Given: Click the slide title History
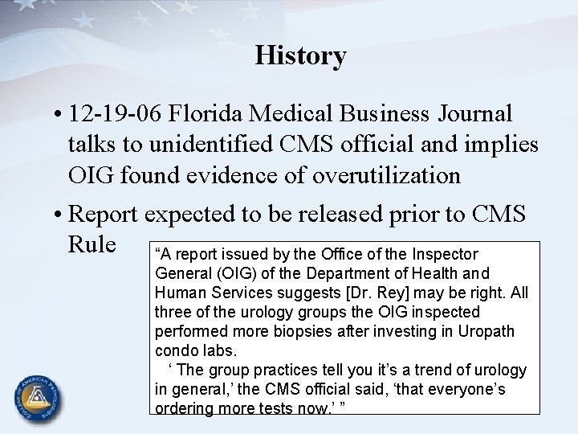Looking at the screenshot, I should (x=301, y=55).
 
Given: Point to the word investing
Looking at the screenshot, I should (x=406, y=330).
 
